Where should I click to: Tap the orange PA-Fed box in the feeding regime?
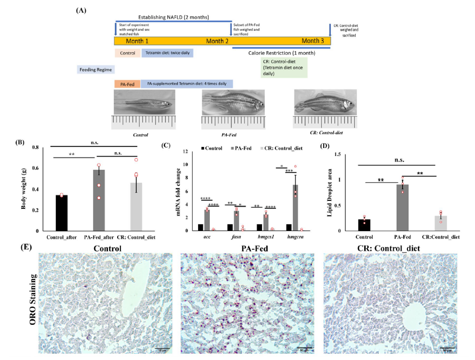point(127,84)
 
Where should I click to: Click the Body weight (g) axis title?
point(24,189)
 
